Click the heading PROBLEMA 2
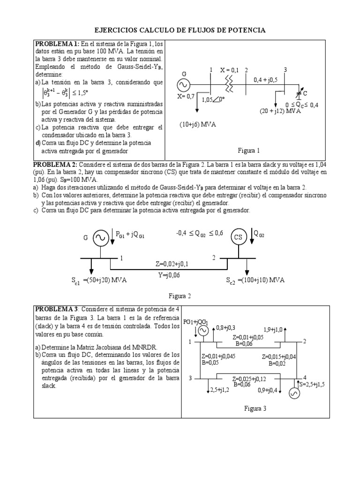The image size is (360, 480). pos(54,165)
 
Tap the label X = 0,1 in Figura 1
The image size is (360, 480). pos(230,69)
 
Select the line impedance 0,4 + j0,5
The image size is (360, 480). pos(265,80)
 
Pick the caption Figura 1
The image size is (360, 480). pos(248,150)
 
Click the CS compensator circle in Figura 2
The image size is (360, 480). pos(239,237)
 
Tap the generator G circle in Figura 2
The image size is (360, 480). pos(101,238)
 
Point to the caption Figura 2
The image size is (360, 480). pos(180,296)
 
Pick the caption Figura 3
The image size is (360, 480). pos(255,408)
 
